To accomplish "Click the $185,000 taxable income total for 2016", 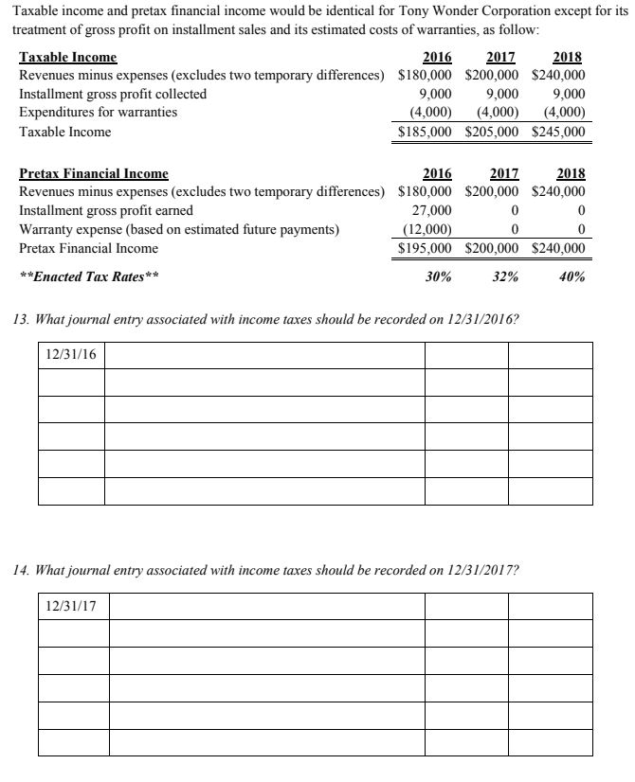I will pyautogui.click(x=425, y=133).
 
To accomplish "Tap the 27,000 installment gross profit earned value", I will pyautogui.click(x=434, y=210).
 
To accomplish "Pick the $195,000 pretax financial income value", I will pyautogui.click(x=425, y=248).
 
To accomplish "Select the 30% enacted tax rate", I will pyautogui.click(x=437, y=277).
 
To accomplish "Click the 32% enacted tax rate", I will pyautogui.click(x=504, y=277).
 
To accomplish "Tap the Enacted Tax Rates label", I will pyautogui.click(x=89, y=277).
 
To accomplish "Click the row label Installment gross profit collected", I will pyautogui.click(x=113, y=94).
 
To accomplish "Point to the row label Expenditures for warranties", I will pyautogui.click(x=98, y=112).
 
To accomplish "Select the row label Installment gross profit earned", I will pyautogui.click(x=106, y=210).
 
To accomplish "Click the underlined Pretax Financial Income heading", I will pyautogui.click(x=94, y=173).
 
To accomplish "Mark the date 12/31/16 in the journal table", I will pyautogui.click(x=71, y=355).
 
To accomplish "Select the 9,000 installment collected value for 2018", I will pyautogui.click(x=568, y=94).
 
